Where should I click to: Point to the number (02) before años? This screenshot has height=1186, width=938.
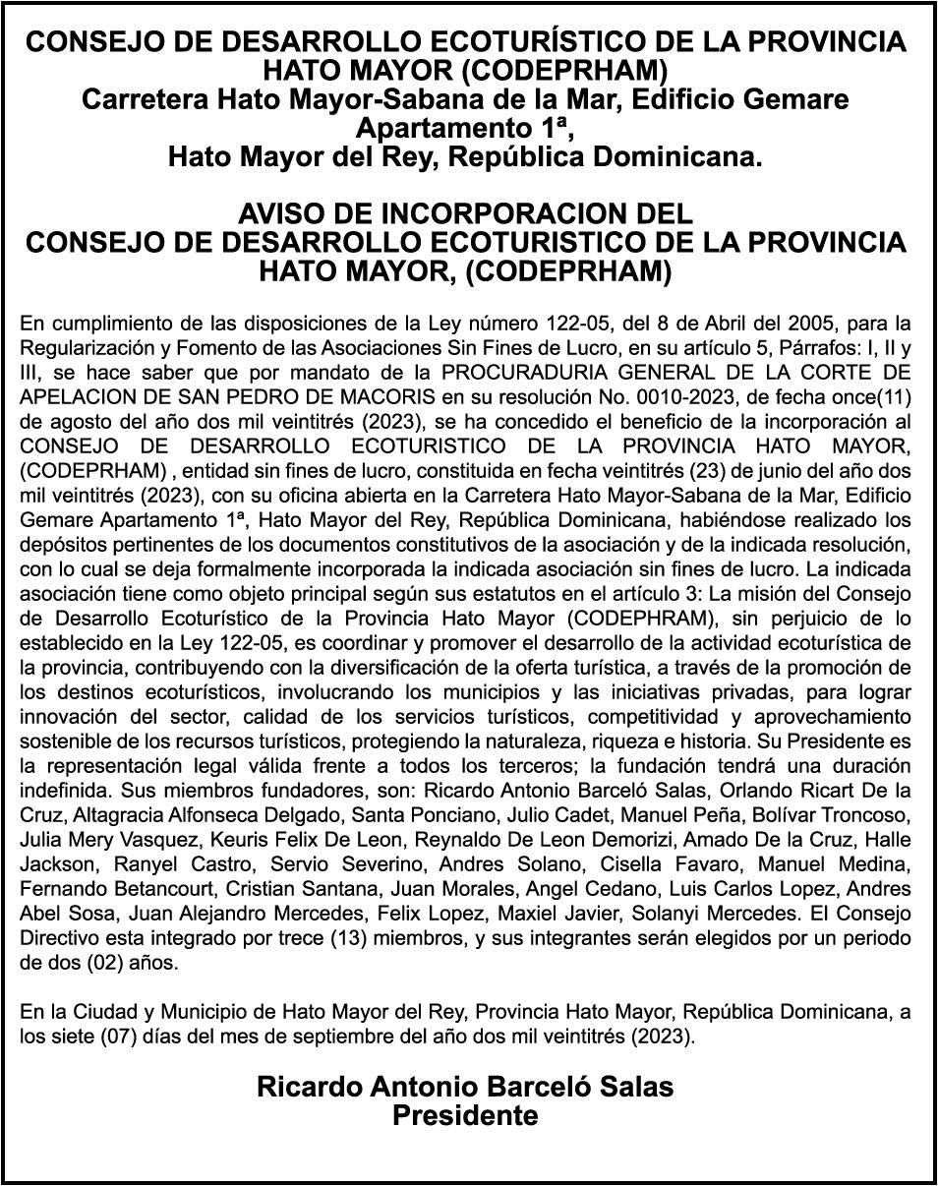tap(103, 963)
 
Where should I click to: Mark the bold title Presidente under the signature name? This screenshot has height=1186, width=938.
tap(465, 1116)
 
